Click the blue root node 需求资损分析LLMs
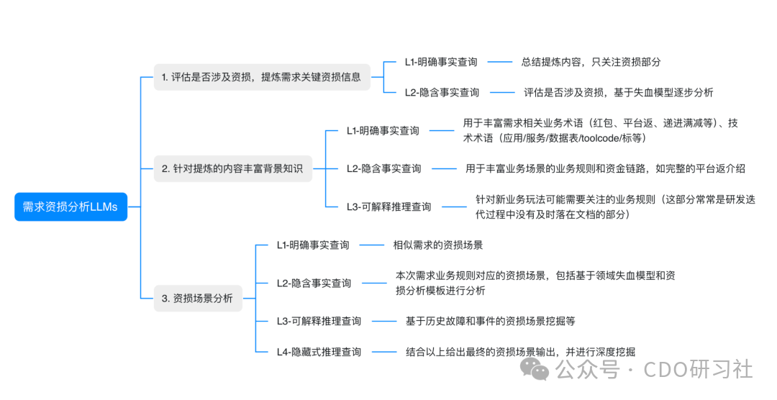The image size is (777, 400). coord(71,206)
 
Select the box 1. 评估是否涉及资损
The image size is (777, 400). coord(262,77)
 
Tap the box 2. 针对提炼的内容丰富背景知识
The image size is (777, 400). coord(232,169)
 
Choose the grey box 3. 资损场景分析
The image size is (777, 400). coord(197,298)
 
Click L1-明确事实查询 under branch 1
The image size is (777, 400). coord(441,62)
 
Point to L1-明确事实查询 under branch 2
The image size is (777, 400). coord(383,131)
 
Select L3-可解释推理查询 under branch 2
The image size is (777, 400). coord(388,206)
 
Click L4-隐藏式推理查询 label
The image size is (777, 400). coord(319,352)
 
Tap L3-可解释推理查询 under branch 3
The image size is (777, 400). coord(319,321)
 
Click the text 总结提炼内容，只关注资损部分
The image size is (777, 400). coord(591,62)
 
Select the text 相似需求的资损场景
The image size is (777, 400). coord(437,245)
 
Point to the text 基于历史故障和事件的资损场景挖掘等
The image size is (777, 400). coord(490,321)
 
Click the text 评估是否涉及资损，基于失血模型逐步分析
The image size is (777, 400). coord(618,92)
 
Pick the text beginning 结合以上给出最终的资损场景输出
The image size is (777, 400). coord(520,352)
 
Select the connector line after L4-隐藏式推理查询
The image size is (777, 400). coord(383,352)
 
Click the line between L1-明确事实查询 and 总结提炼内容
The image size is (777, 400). coord(500,62)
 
